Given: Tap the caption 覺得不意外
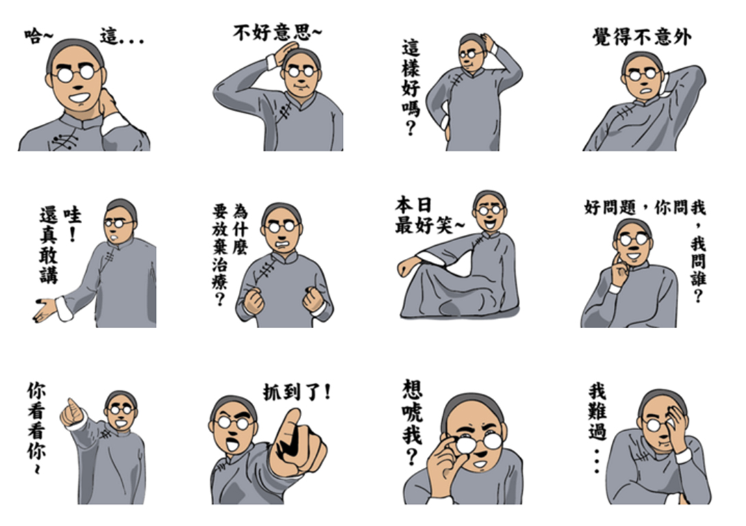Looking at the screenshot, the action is pyautogui.click(x=642, y=37).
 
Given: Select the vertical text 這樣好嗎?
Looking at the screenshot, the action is pyautogui.click(x=411, y=88).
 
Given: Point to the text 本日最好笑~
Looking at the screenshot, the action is pyautogui.click(x=428, y=216).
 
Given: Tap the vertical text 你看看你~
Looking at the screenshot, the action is pyautogui.click(x=36, y=427).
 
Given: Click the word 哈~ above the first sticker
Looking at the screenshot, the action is pyautogui.click(x=39, y=36).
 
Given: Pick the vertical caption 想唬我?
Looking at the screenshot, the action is pyautogui.click(x=412, y=422).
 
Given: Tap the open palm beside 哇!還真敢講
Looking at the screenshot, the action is pyautogui.click(x=45, y=310).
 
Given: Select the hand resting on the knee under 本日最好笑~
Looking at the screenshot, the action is pyautogui.click(x=407, y=266).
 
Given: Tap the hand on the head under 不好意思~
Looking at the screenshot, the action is pyautogui.click(x=285, y=53).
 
